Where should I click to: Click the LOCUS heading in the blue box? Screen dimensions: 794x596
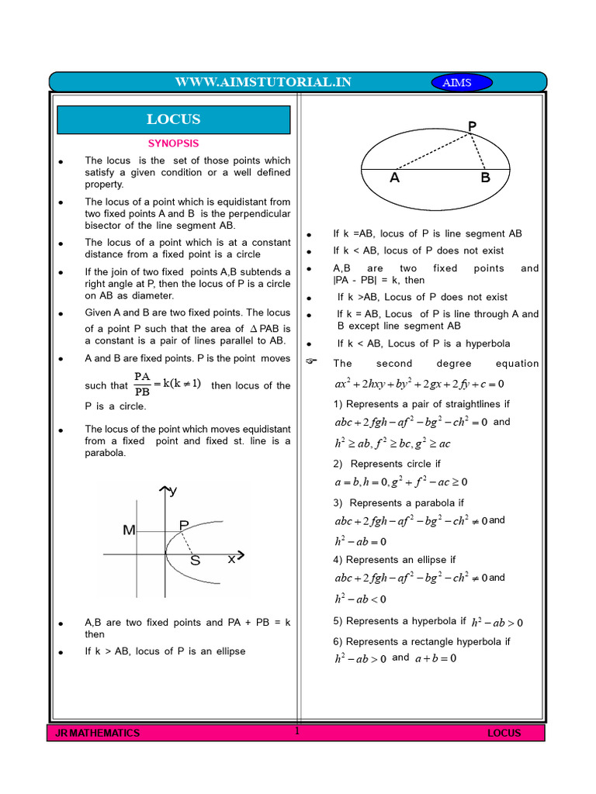pyautogui.click(x=174, y=119)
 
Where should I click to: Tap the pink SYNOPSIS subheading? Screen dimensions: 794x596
pyautogui.click(x=174, y=143)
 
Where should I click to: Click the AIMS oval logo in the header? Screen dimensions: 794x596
pyautogui.click(x=456, y=83)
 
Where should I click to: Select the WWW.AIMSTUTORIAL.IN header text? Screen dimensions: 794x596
pyautogui.click(x=263, y=82)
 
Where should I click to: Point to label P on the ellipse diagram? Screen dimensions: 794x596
pyautogui.click(x=472, y=126)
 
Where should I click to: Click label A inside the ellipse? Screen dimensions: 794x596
pyautogui.click(x=395, y=178)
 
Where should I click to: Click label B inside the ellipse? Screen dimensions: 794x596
pyautogui.click(x=486, y=178)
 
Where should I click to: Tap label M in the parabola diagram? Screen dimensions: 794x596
pyautogui.click(x=129, y=530)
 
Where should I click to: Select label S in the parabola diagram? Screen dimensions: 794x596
pyautogui.click(x=196, y=561)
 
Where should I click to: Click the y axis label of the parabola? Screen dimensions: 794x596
pyautogui.click(x=173, y=491)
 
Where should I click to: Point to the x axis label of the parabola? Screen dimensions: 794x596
pyautogui.click(x=231, y=558)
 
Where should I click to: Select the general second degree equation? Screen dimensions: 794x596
pyautogui.click(x=419, y=384)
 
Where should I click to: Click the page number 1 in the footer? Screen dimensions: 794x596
pyautogui.click(x=296, y=730)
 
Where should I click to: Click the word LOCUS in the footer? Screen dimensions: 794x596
pyautogui.click(x=504, y=733)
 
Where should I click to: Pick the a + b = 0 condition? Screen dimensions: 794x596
pyautogui.click(x=435, y=658)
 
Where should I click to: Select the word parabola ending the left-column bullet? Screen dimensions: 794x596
pyautogui.click(x=106, y=454)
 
